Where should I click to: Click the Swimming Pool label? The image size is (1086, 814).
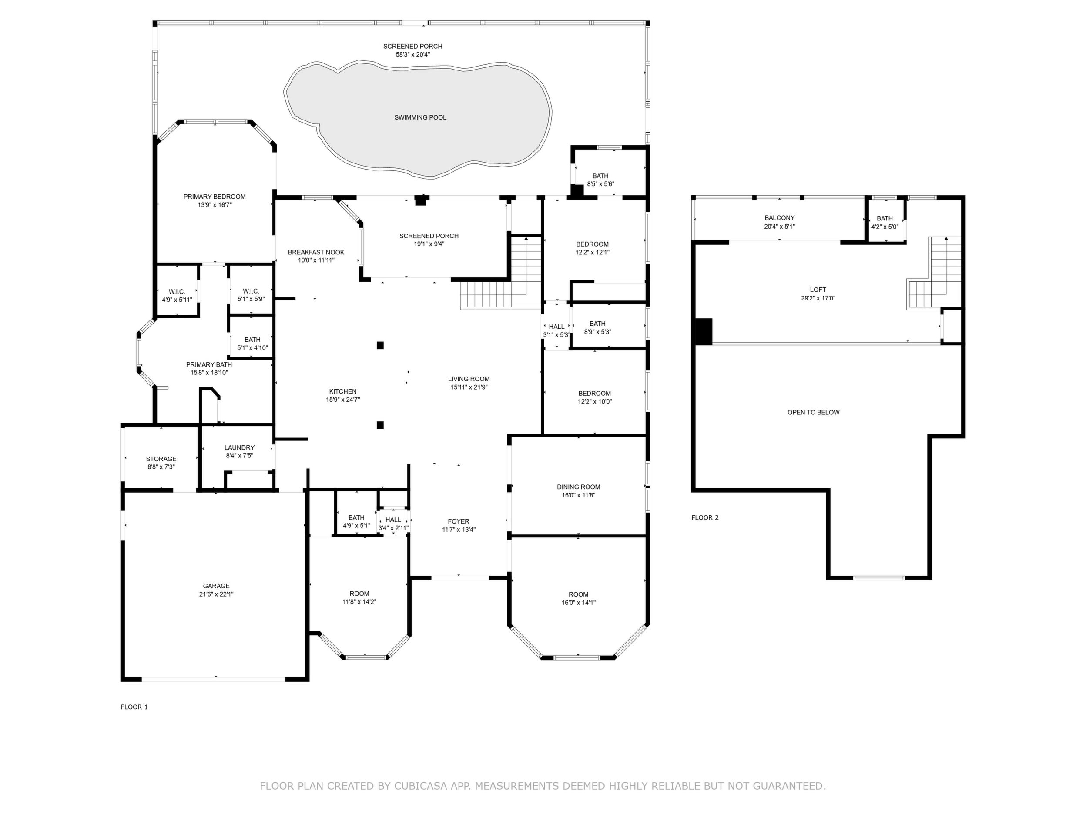pos(420,118)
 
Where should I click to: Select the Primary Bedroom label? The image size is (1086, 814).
pos(215,197)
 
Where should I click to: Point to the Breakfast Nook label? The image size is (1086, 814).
pos(316,252)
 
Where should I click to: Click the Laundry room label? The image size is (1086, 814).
pos(240,447)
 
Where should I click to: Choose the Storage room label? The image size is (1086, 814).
pos(161,459)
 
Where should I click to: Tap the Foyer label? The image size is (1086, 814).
pos(459,521)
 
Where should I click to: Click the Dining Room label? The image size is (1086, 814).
pos(578,487)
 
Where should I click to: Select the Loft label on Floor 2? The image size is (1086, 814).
pos(818,290)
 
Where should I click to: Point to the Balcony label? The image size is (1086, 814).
pos(780,218)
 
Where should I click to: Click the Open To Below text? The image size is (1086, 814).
pos(814,413)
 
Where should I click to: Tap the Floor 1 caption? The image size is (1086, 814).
pos(134,707)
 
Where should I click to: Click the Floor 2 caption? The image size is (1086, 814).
pos(705,517)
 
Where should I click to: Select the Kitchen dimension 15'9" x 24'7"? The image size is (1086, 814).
pos(343,400)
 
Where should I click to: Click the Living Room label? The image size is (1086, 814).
pos(469,379)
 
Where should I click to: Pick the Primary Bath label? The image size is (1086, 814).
pos(209,364)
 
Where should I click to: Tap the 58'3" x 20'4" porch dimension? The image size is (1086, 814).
pos(413,54)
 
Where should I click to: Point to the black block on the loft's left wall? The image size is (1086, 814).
pos(704,332)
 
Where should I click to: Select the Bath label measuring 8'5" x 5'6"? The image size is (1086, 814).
pos(600,176)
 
